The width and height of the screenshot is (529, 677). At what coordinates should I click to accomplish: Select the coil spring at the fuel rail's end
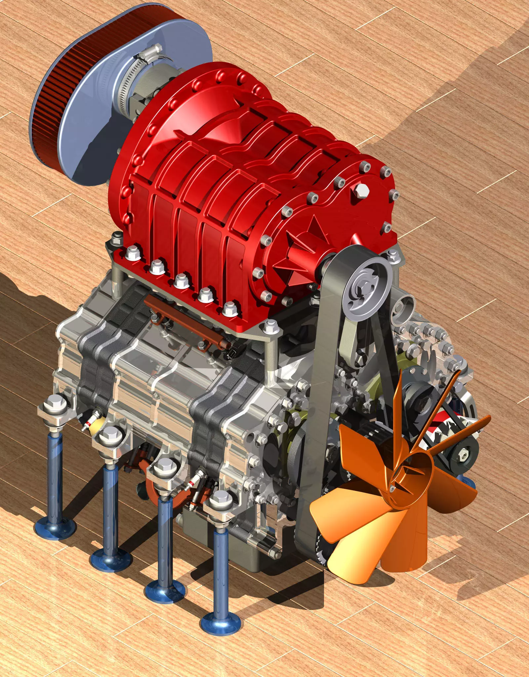coord(224,344)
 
